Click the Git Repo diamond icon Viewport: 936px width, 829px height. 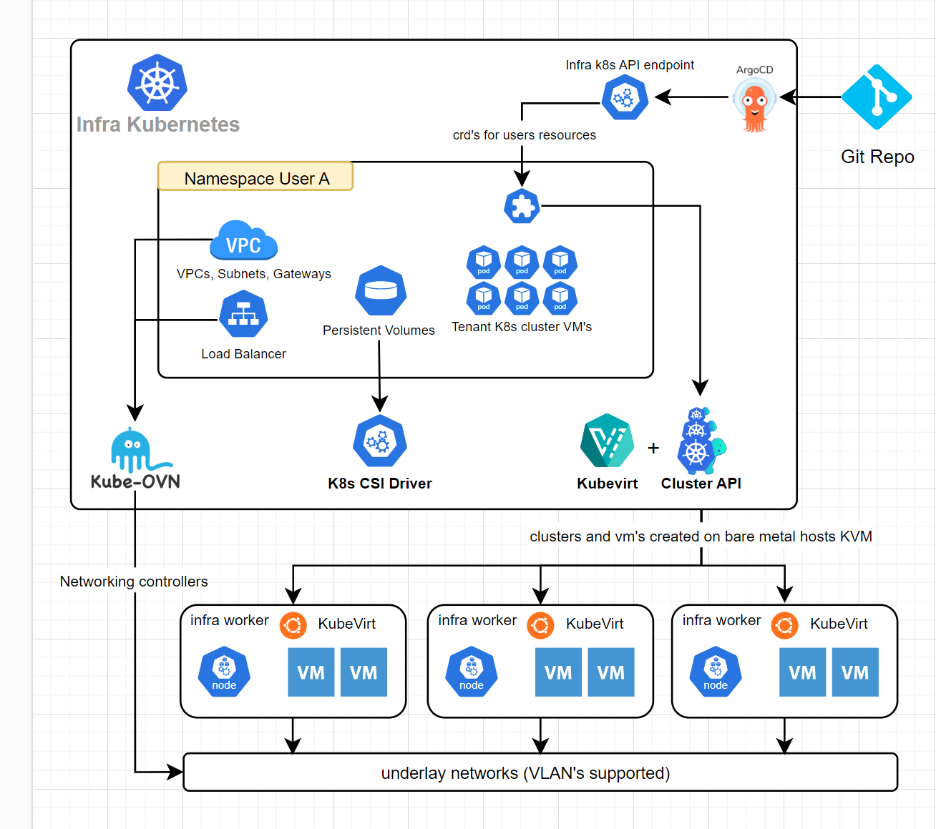coord(876,97)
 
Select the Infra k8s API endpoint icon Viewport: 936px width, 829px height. coord(625,98)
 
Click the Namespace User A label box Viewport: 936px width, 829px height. coord(255,177)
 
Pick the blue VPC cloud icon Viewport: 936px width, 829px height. coord(243,242)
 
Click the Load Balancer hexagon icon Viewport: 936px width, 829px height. coord(243,314)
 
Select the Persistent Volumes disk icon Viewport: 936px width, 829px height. coord(381,291)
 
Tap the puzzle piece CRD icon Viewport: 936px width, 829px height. coord(522,207)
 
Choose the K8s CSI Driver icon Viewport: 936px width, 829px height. coord(380,441)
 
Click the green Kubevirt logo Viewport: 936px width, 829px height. coord(607,441)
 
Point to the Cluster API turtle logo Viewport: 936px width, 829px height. coord(701,441)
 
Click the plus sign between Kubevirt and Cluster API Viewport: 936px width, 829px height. coord(653,448)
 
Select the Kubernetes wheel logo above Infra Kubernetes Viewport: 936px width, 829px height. coord(157,82)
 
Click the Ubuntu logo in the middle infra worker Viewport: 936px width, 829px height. coord(540,626)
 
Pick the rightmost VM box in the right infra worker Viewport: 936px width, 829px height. coord(855,672)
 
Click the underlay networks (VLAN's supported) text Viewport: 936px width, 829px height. coord(525,773)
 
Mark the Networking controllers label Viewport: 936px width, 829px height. coord(134,582)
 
